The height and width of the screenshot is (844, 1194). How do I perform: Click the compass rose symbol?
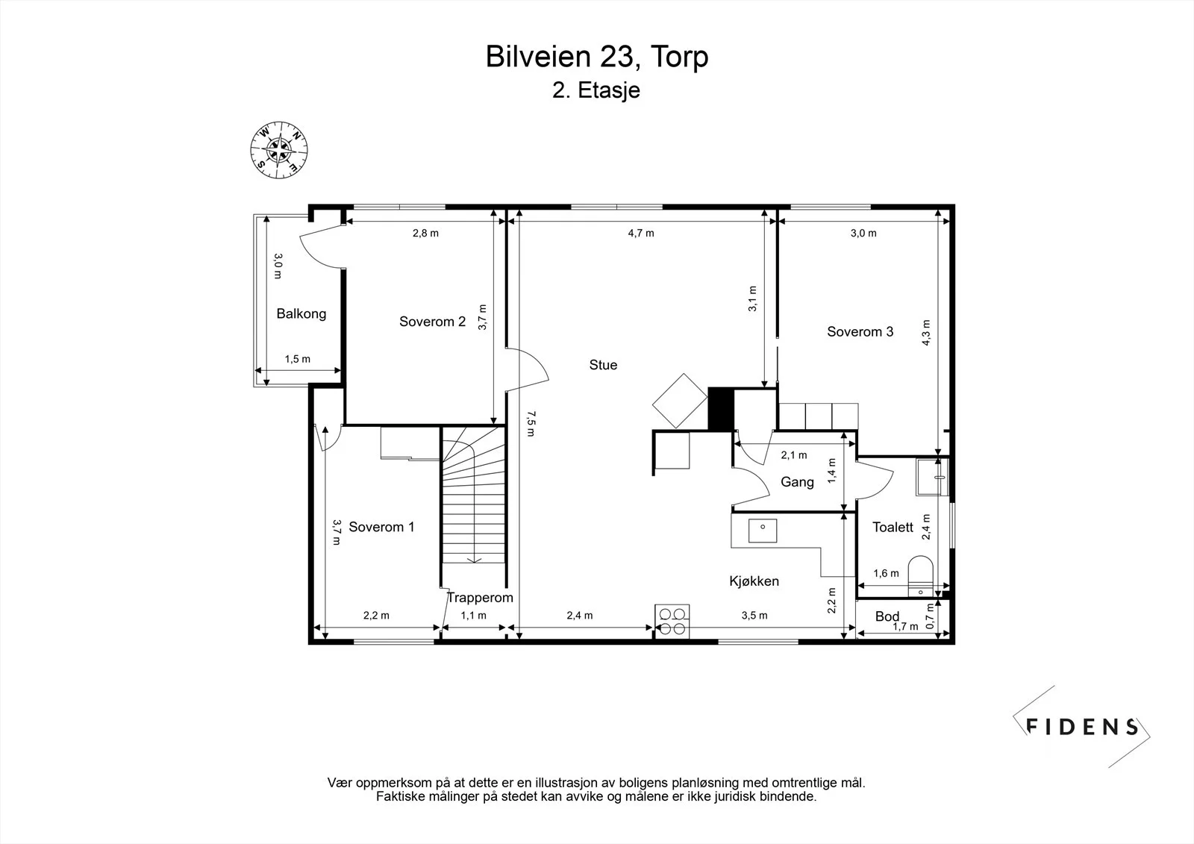[x=279, y=150]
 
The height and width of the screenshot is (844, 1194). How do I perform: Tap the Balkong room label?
[x=301, y=313]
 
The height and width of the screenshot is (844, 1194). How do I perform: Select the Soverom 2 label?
[x=432, y=322]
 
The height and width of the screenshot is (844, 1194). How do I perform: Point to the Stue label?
[x=603, y=365]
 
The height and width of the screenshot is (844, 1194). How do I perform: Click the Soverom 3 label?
[x=860, y=331]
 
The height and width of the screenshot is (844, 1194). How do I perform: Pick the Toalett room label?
[x=893, y=528]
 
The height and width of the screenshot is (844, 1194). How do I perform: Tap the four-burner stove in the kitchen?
[x=672, y=621]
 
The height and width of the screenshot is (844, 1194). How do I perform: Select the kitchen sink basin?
[x=762, y=531]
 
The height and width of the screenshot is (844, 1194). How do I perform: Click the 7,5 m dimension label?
[x=531, y=423]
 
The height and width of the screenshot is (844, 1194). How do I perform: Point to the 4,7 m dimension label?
[x=641, y=233]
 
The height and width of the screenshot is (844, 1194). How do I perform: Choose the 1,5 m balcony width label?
[x=298, y=359]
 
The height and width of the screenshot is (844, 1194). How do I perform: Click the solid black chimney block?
[x=721, y=409]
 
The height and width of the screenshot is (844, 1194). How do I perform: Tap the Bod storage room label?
[x=887, y=616]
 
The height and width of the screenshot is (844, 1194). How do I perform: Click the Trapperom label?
[x=480, y=598]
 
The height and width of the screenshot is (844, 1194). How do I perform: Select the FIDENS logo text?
[x=1082, y=728]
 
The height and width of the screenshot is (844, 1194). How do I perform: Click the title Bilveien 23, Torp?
[x=597, y=57]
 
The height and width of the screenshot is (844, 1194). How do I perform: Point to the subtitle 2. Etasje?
[x=596, y=90]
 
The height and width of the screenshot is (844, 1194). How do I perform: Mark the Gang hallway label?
[x=797, y=482]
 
